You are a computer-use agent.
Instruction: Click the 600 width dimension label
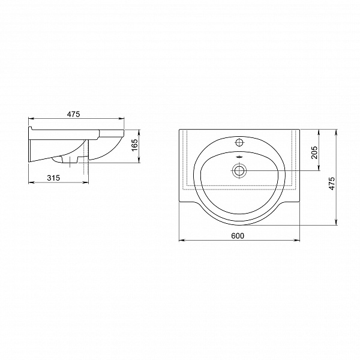238,236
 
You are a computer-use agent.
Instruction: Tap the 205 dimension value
314,152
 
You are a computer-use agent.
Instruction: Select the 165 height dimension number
135,145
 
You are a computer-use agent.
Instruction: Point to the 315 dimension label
53,178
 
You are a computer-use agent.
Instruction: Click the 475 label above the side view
73,114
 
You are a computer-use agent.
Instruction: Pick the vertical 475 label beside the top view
332,184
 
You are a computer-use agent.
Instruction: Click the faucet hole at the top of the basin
239,142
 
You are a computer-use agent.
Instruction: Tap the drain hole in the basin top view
239,170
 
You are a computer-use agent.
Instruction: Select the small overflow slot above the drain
239,157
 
